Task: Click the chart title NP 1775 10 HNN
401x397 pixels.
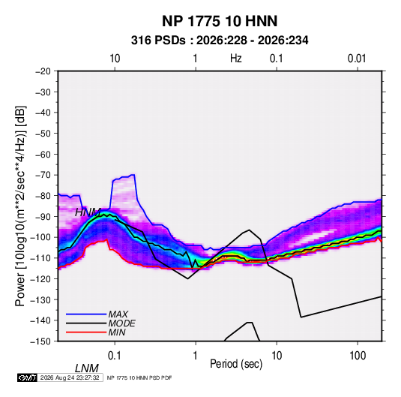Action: coord(220,21)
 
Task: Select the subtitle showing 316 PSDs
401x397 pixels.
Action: coord(220,41)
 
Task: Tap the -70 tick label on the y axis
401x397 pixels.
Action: coord(43,175)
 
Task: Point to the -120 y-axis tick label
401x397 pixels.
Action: coord(40,279)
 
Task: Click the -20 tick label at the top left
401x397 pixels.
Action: coord(43,71)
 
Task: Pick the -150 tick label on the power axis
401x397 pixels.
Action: coord(40,341)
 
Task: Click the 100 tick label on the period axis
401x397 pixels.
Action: coord(358,356)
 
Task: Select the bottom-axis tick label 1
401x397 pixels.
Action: coord(195,356)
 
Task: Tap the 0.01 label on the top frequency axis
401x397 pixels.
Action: coord(357,59)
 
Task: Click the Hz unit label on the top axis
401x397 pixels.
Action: coord(236,59)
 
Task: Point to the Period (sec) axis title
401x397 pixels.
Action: coord(236,364)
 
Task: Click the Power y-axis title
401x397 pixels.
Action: coord(20,206)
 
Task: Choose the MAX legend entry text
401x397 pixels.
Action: coord(118,314)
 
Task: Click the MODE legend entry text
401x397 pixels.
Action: coord(121,323)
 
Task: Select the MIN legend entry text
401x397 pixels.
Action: coord(117,332)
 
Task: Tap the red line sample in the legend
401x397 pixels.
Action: coord(86,332)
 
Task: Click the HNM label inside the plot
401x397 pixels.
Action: coord(88,212)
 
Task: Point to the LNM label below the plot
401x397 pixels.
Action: coord(87,368)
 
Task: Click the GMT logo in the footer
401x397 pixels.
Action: coord(28,377)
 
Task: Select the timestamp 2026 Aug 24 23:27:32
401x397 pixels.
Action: coord(70,377)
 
